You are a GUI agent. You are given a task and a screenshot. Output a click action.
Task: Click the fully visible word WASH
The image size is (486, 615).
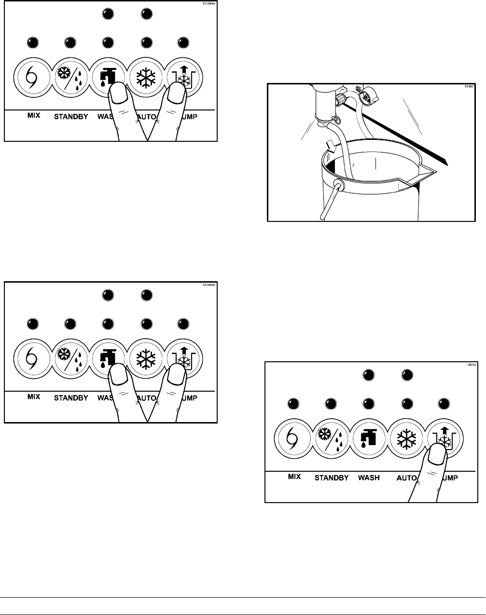(x=369, y=478)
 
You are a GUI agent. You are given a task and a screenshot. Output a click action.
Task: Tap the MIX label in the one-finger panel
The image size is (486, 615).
(x=294, y=476)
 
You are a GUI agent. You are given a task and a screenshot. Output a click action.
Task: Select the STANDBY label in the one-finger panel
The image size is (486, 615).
(x=332, y=478)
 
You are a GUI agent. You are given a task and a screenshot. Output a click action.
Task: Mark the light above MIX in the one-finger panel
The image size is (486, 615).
(x=292, y=404)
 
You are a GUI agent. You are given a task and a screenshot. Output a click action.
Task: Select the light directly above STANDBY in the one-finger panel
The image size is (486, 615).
(x=331, y=404)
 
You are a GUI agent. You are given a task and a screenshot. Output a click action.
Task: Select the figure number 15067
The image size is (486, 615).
(x=466, y=87)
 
